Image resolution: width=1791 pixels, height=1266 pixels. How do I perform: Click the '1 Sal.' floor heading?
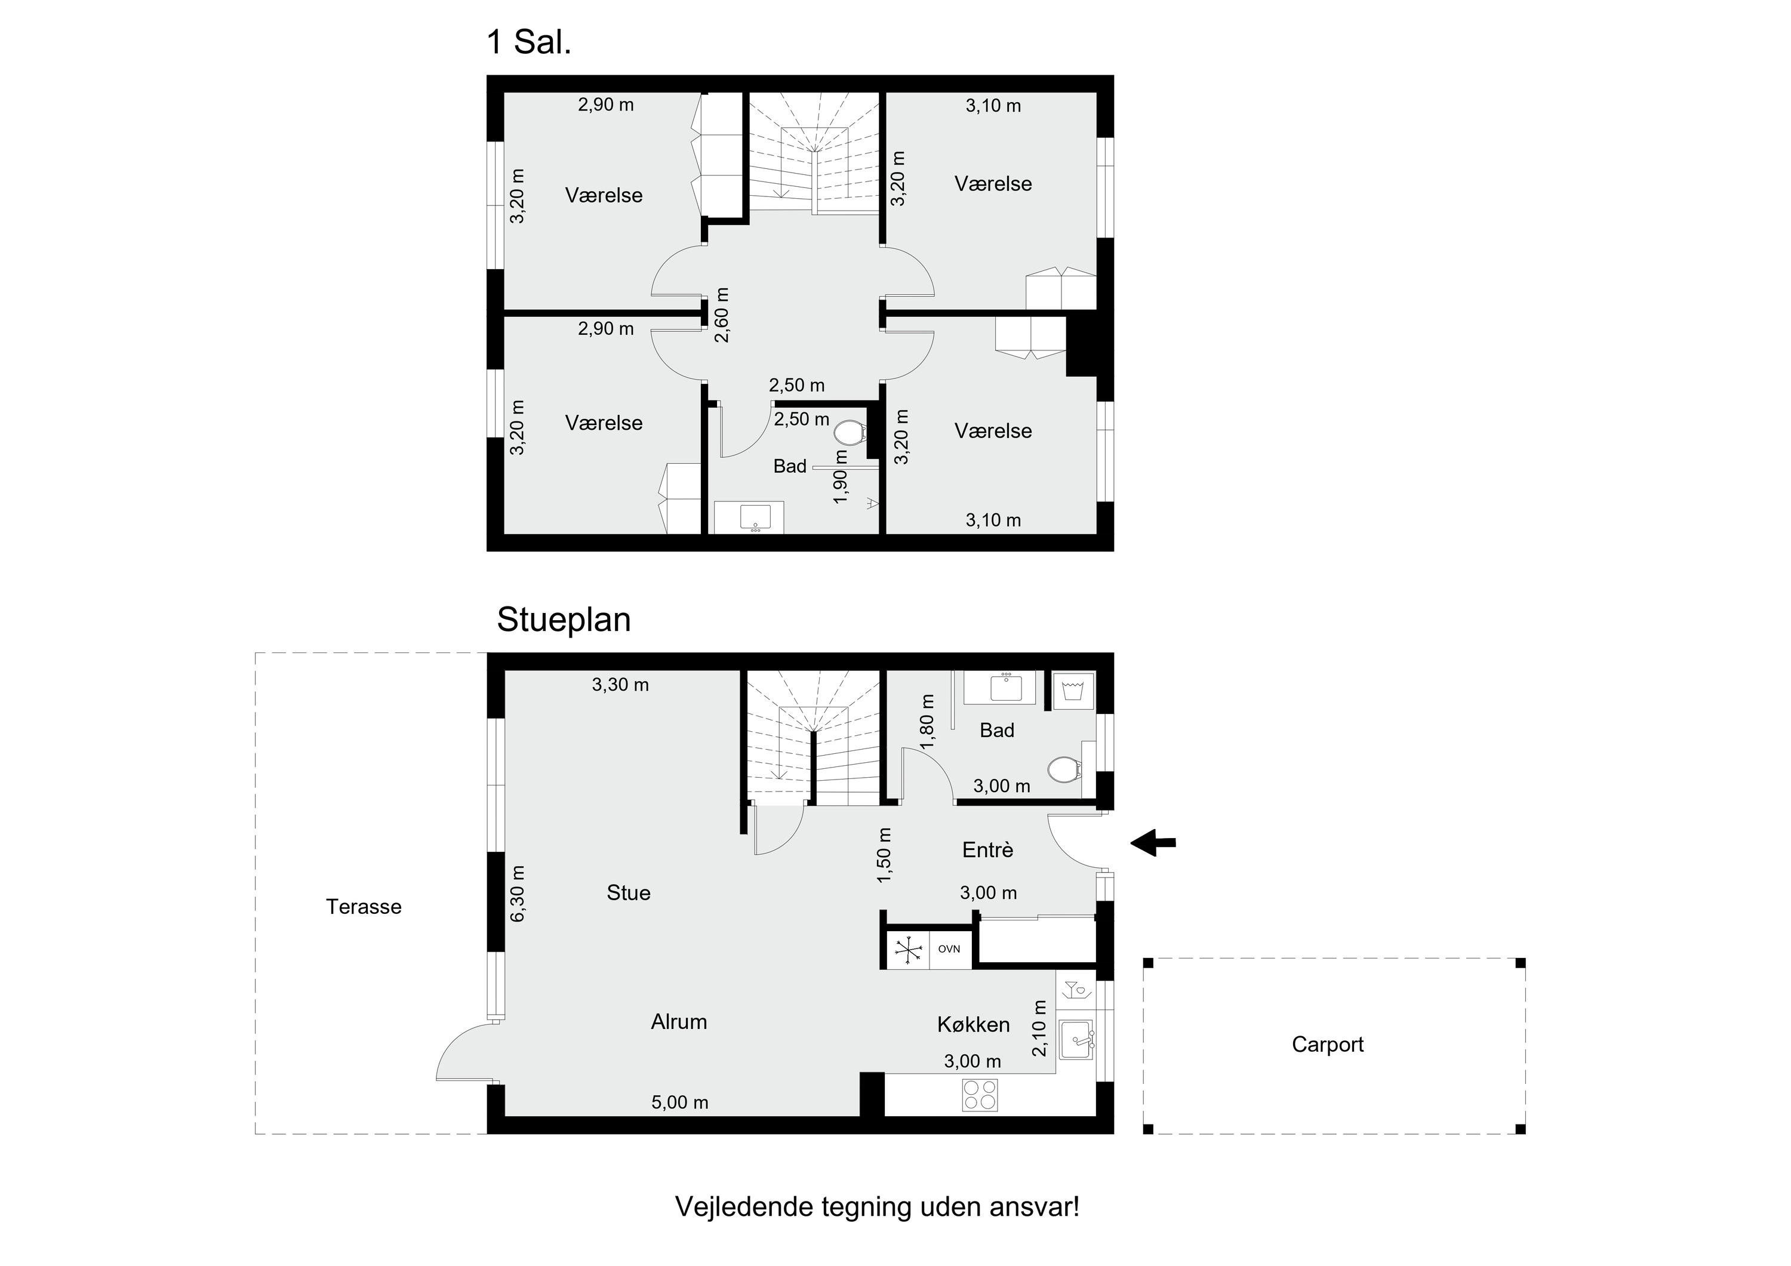(529, 42)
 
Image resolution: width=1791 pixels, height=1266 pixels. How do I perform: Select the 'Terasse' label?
(364, 907)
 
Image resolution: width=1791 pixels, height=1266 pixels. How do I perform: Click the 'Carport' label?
(1328, 1045)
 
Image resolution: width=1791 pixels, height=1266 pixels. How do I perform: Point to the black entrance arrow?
(1153, 842)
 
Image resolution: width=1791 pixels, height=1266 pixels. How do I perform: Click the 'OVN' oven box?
(949, 949)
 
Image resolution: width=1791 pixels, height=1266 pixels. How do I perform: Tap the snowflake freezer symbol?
(908, 949)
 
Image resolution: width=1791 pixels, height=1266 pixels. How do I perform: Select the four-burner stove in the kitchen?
(980, 1094)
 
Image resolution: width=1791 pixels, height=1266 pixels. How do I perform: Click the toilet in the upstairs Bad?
(850, 432)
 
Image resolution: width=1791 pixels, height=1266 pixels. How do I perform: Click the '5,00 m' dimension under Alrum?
(680, 1102)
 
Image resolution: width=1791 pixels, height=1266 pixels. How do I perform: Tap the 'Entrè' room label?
(987, 849)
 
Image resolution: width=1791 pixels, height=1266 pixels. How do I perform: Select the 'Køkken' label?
(974, 1024)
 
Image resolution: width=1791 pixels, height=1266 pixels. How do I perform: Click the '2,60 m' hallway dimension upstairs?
(722, 315)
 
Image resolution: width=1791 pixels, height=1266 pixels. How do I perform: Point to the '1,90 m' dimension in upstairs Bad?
(840, 476)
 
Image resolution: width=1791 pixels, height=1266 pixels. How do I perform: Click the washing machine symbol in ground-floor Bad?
(1073, 691)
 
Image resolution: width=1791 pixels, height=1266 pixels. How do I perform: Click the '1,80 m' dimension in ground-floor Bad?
(928, 722)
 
